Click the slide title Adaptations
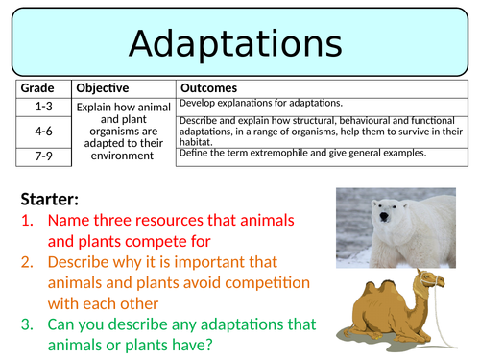click(x=235, y=44)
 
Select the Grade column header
click(x=37, y=88)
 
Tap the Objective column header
click(x=103, y=88)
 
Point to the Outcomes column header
click(x=209, y=88)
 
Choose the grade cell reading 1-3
click(x=43, y=107)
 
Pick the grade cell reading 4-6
click(x=43, y=131)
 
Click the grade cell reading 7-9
click(x=43, y=156)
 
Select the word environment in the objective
click(x=122, y=156)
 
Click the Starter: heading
click(x=50, y=199)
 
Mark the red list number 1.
click(x=27, y=221)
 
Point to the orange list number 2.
click(x=27, y=262)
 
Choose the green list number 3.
click(x=27, y=324)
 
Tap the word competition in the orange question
click(x=268, y=283)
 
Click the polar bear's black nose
click(x=384, y=217)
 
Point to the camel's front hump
click(x=389, y=286)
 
